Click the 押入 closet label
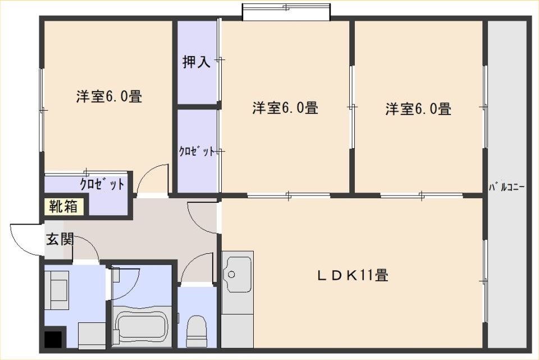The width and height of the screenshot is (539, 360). (x=196, y=62)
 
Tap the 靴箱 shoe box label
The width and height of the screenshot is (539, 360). (x=63, y=206)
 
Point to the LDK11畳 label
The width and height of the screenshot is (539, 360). (x=353, y=275)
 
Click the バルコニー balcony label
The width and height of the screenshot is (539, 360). (x=506, y=188)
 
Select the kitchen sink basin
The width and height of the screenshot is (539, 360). (x=236, y=274)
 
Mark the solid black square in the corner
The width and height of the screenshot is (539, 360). (x=53, y=340)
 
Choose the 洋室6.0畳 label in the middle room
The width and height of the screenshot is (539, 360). (x=285, y=108)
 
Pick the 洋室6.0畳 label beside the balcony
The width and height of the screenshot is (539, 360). (x=418, y=108)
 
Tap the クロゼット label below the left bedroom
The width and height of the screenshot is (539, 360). (x=102, y=185)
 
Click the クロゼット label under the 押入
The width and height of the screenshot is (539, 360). (x=197, y=151)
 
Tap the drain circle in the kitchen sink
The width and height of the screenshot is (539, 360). (x=232, y=275)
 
